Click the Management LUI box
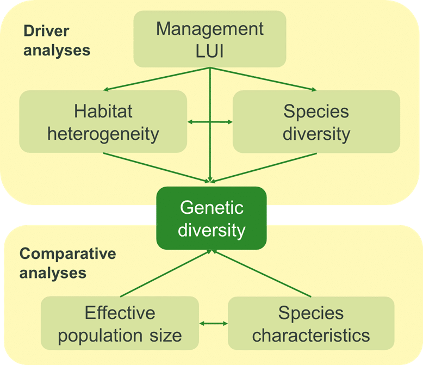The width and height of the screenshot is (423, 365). [x=210, y=39]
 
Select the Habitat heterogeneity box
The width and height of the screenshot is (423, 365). [x=103, y=122]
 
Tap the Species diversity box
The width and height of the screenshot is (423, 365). [x=316, y=122]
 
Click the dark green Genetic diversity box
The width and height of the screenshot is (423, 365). [x=211, y=218]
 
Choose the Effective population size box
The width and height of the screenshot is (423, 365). [x=120, y=323]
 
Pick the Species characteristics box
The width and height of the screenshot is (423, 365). [x=311, y=323]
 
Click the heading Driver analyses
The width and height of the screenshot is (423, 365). [x=57, y=40]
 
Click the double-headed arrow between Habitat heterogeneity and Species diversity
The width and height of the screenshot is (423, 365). [x=210, y=122]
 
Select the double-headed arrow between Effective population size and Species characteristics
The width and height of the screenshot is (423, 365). [x=213, y=324]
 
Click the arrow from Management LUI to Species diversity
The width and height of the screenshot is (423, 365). [x=263, y=79]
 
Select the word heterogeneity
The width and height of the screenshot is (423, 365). [x=103, y=133]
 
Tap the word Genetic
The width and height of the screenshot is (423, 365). [x=211, y=207]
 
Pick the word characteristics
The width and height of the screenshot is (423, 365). [x=311, y=335]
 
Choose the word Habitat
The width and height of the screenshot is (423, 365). [x=103, y=111]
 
